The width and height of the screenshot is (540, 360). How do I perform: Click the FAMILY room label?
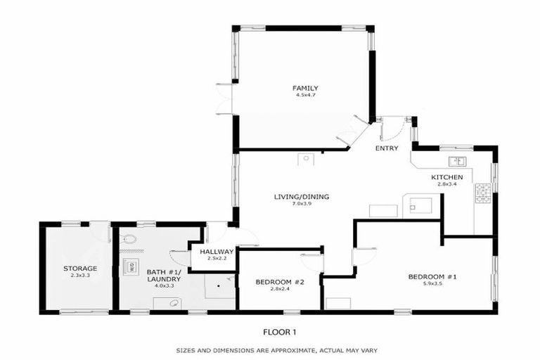(x=300, y=88)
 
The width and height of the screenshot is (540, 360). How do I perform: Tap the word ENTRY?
(x=387, y=148)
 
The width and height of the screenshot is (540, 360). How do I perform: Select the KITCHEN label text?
(x=446, y=177)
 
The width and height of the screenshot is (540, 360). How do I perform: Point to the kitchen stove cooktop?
(x=482, y=193)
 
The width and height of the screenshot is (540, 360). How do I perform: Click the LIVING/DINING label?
(x=302, y=197)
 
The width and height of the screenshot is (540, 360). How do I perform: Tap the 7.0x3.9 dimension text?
(x=302, y=205)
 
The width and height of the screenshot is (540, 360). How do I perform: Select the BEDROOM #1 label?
(x=432, y=277)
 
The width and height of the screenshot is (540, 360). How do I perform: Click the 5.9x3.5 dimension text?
(x=432, y=285)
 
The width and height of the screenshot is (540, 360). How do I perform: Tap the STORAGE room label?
(x=79, y=269)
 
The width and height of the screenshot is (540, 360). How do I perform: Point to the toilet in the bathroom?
(x=129, y=240)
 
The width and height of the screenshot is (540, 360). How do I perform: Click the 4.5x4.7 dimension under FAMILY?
(x=300, y=96)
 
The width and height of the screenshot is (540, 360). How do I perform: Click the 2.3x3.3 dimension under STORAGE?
(x=79, y=276)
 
